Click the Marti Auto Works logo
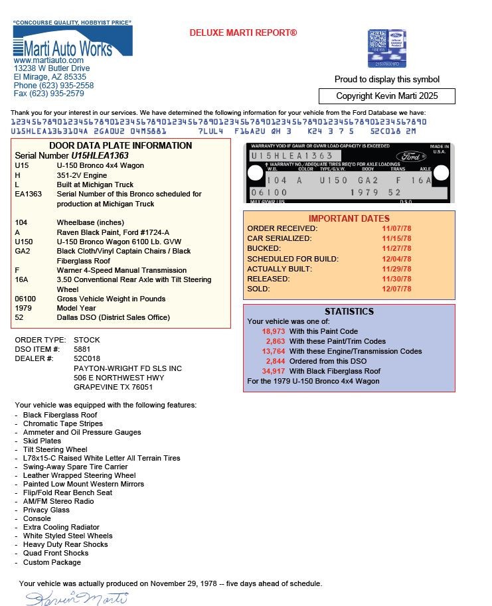(x=72, y=43)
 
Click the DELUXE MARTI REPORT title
(x=243, y=33)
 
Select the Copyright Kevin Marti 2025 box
(x=386, y=96)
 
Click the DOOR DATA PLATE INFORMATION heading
(x=120, y=146)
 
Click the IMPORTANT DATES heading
(x=349, y=218)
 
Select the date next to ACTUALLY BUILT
(x=397, y=269)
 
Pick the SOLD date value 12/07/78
(x=397, y=289)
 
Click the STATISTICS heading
(x=349, y=311)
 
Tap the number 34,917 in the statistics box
(x=274, y=371)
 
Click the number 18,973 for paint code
(x=274, y=331)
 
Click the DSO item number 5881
(x=82, y=349)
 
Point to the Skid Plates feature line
(x=42, y=441)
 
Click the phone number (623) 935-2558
(x=66, y=86)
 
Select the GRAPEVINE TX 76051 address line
(x=113, y=387)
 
